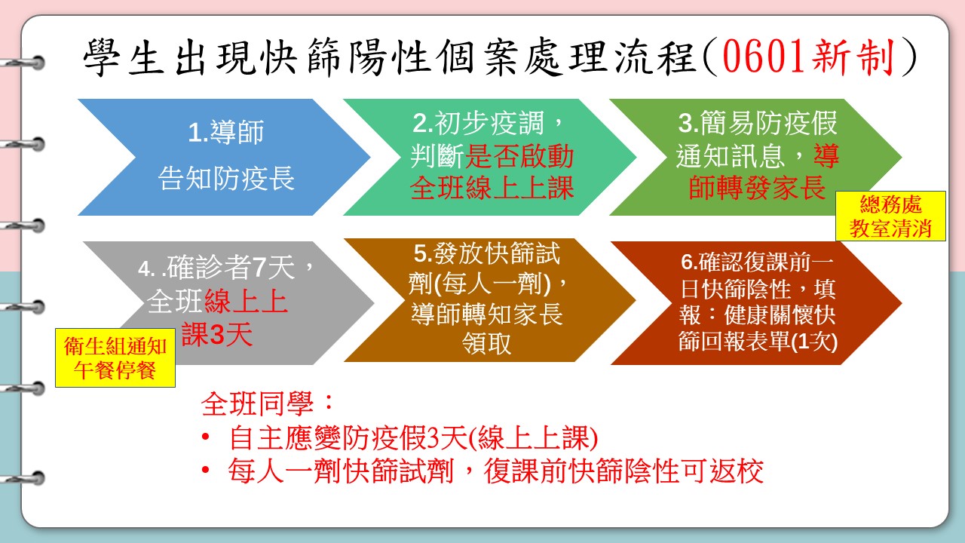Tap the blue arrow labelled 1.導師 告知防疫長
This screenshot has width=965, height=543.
[224, 158]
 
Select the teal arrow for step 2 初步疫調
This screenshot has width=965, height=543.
[490, 158]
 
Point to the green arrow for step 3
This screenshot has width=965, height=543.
[755, 158]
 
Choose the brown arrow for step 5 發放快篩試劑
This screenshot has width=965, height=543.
[490, 300]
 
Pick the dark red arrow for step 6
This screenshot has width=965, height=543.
[756, 303]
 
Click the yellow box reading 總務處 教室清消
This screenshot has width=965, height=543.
[890, 216]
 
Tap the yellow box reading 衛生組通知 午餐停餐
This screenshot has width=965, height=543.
[115, 357]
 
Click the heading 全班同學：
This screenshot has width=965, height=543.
[268, 403]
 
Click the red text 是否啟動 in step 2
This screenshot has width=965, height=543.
[519, 155]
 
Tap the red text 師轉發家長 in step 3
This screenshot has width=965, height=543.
[757, 188]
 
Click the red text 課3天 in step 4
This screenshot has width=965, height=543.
[216, 334]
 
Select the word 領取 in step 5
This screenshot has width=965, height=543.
[487, 343]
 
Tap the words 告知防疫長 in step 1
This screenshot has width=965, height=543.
[226, 178]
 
